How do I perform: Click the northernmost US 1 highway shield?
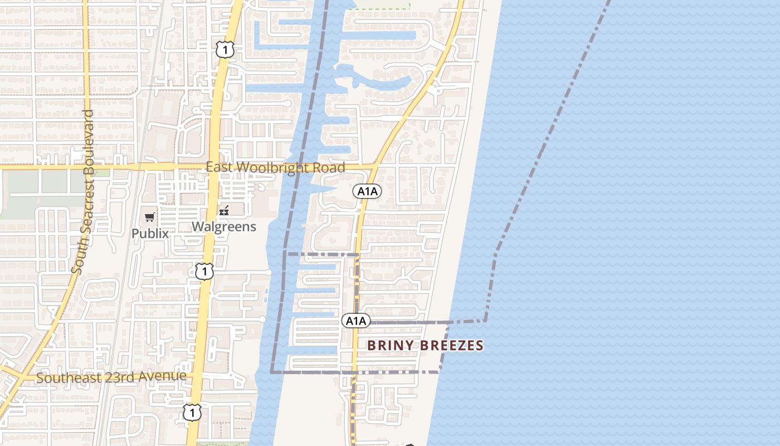224,50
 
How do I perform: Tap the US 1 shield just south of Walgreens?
204,272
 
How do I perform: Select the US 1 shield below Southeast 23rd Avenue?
192,412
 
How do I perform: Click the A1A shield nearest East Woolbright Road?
367,191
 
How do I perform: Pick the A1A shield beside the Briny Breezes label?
355,321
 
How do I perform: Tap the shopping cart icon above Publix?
149,217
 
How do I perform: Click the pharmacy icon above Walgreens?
225,211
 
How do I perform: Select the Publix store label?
150,233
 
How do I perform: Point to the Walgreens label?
224,226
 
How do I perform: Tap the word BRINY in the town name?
391,346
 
